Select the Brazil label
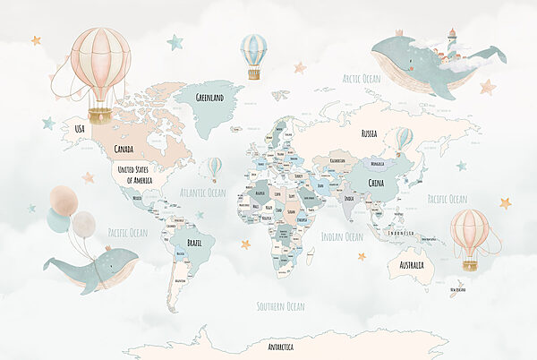point(194,242)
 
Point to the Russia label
point(369,133)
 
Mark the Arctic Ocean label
point(361,79)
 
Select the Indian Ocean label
point(342,236)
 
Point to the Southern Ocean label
point(281,306)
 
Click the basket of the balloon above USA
point(100,116)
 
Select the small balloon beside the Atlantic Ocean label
point(215,167)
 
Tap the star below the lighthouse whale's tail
point(487,87)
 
